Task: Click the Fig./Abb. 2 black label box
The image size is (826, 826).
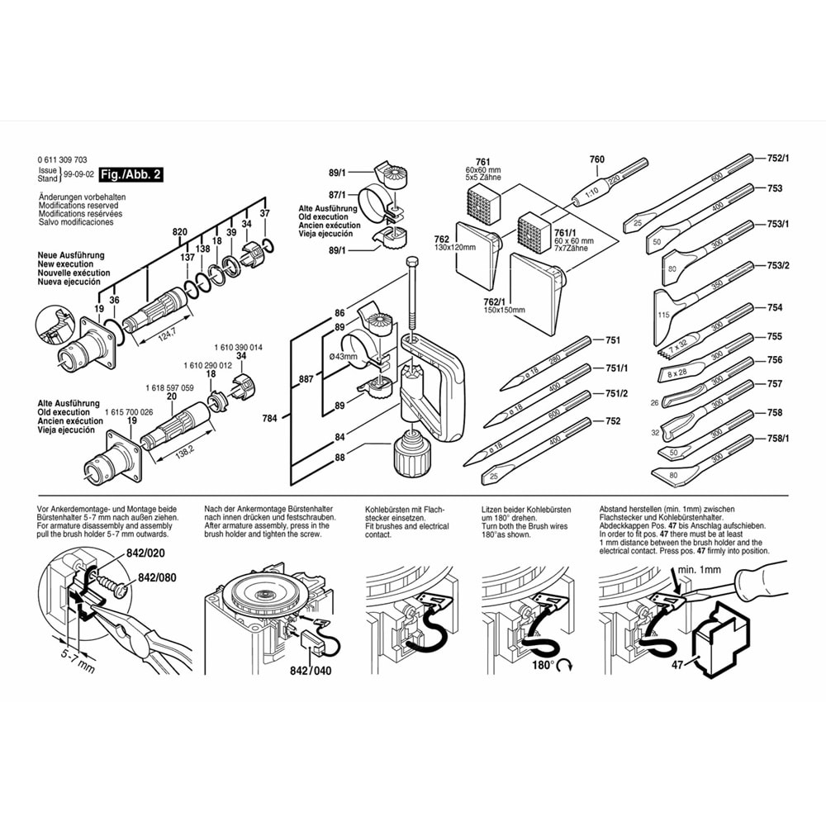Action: (131, 174)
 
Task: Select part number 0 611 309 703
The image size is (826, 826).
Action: (62, 159)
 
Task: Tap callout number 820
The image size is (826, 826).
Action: (179, 234)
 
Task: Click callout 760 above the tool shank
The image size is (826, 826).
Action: (596, 159)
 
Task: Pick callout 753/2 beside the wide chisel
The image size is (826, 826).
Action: (779, 265)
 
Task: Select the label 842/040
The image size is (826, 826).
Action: (311, 670)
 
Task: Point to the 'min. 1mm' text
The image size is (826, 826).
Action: (699, 570)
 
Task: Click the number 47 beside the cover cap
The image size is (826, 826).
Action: (677, 663)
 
